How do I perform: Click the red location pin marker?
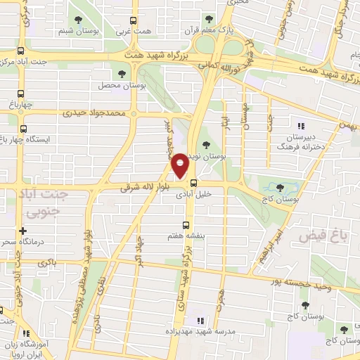(x=180, y=166)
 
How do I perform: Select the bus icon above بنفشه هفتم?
(x=186, y=226)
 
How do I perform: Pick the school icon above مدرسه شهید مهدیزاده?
(x=198, y=319)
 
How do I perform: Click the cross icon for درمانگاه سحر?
(x=23, y=230)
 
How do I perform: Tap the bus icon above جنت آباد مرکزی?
(x=20, y=51)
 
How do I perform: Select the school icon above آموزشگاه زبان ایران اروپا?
(x=25, y=334)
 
